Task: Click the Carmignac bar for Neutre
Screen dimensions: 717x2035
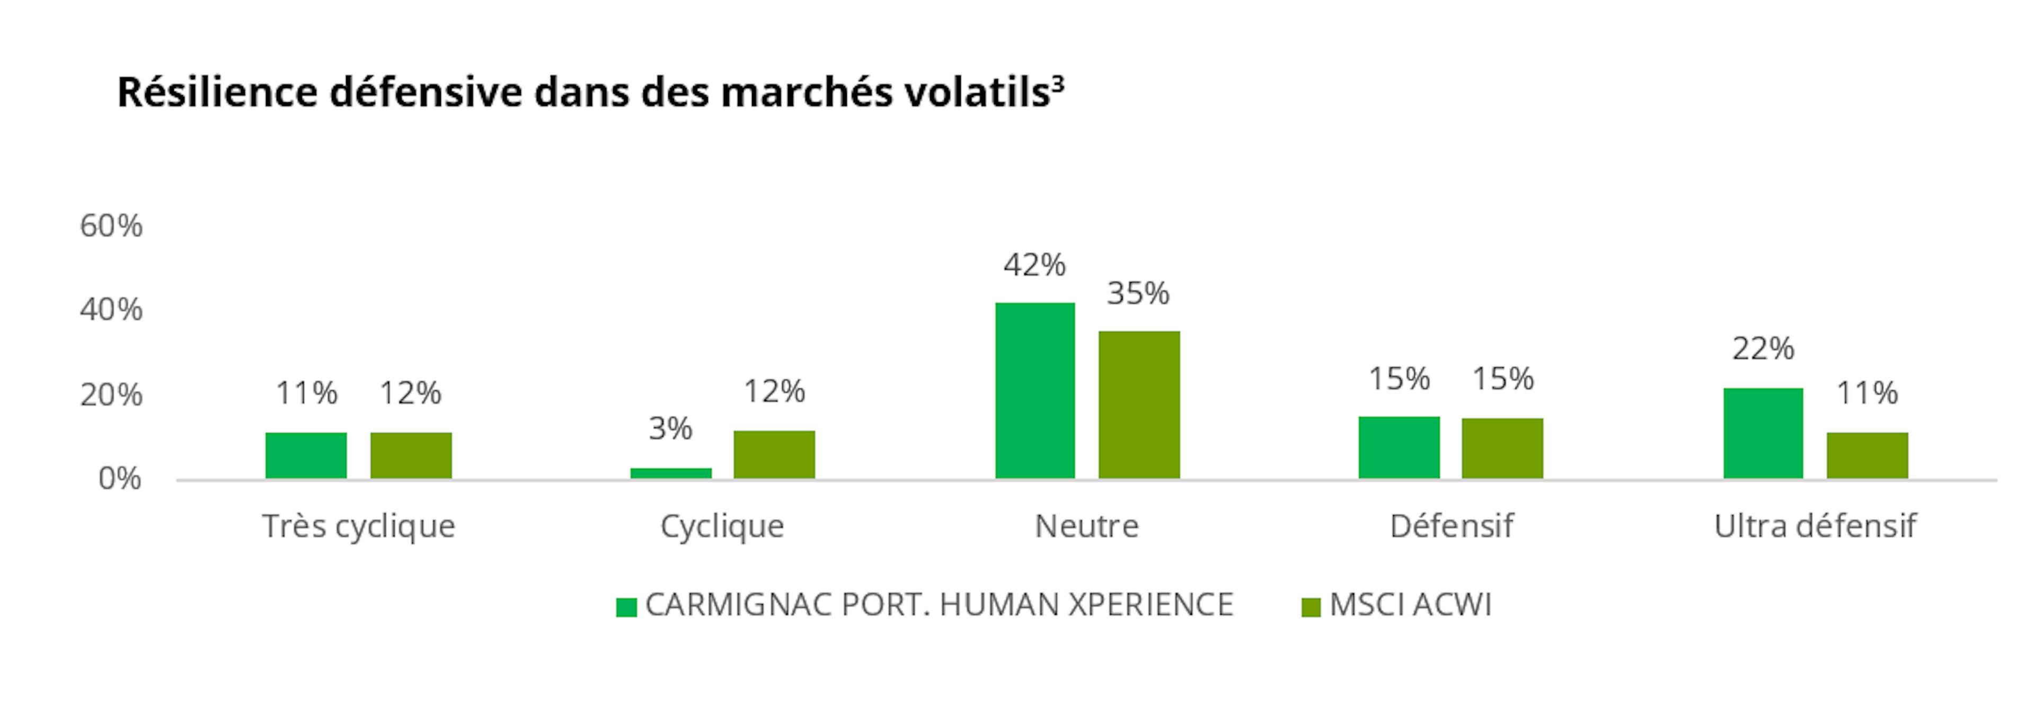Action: click(x=1035, y=390)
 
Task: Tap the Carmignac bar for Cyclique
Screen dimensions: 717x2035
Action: click(x=671, y=473)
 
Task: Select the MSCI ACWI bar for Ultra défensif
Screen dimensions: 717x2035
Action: click(x=1868, y=455)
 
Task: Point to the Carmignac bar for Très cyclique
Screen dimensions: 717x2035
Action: click(x=306, y=455)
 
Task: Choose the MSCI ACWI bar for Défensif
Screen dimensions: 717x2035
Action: click(x=1502, y=448)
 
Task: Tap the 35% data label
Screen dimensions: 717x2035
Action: click(x=1138, y=294)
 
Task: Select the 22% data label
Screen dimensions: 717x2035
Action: click(x=1763, y=348)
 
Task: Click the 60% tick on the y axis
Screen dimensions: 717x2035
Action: click(x=111, y=226)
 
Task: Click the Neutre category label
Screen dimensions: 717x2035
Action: click(x=1087, y=526)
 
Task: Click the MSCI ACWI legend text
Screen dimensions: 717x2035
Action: click(x=1411, y=605)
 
